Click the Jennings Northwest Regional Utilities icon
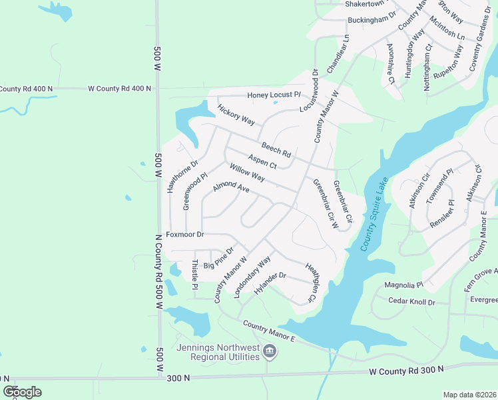pyautogui.click(x=268, y=351)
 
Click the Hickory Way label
pyautogui.click(x=236, y=114)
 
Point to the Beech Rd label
pyautogui.click(x=276, y=149)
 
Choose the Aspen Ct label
pyautogui.click(x=262, y=161)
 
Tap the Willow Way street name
pyautogui.click(x=247, y=173)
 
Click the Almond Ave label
pyautogui.click(x=230, y=189)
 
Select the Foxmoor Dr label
pyautogui.click(x=184, y=235)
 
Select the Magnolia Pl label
pyautogui.click(x=404, y=285)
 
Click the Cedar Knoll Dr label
pyautogui.click(x=411, y=302)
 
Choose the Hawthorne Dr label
pyautogui.click(x=174, y=177)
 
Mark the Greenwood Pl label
pyautogui.click(x=191, y=192)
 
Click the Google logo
pyautogui.click(x=22, y=392)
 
